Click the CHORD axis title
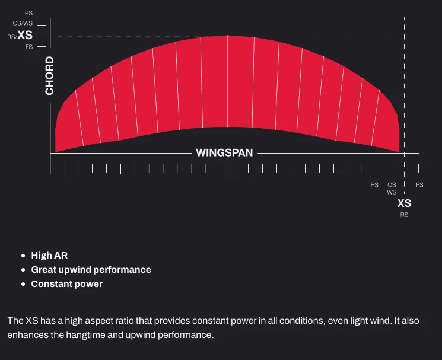[x=49, y=75]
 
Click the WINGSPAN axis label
[x=224, y=153]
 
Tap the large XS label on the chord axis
[x=25, y=36]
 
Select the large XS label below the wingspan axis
[x=404, y=203]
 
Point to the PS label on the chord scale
[x=29, y=12]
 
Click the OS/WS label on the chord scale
[x=23, y=24]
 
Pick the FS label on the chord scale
[x=29, y=47]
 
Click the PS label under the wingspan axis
[x=374, y=185]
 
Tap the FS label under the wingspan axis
[x=419, y=185]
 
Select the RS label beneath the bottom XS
[x=404, y=215]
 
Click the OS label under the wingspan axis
[x=392, y=185]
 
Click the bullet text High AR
[x=49, y=256]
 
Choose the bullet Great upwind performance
[x=91, y=270]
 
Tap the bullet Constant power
[x=66, y=284]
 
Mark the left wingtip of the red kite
[x=56, y=148]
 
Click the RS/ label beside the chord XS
[x=11, y=37]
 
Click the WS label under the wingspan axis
[x=392, y=192]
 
